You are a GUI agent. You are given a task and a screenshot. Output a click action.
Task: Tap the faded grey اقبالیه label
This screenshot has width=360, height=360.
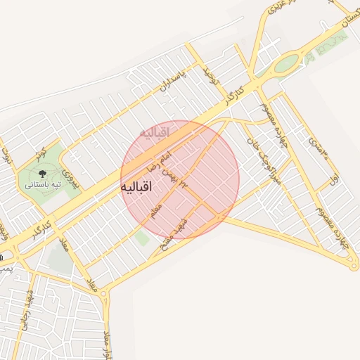[x=155, y=131]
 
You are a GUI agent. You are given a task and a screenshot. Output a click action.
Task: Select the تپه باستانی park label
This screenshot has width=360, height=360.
[x=43, y=184]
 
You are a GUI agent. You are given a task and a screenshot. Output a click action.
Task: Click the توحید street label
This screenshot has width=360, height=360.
[x=213, y=82]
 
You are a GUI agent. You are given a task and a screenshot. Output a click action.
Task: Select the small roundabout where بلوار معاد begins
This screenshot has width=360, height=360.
[x=104, y=293]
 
